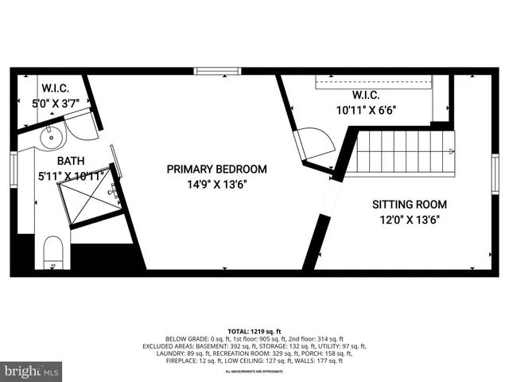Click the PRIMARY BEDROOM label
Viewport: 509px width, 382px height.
point(216,170)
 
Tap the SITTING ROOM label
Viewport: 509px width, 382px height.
point(410,204)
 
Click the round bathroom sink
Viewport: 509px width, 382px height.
point(51,136)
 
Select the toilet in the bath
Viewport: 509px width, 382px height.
point(53,251)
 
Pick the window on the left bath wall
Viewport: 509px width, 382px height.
point(14,169)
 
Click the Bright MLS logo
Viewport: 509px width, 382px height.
point(31,372)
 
